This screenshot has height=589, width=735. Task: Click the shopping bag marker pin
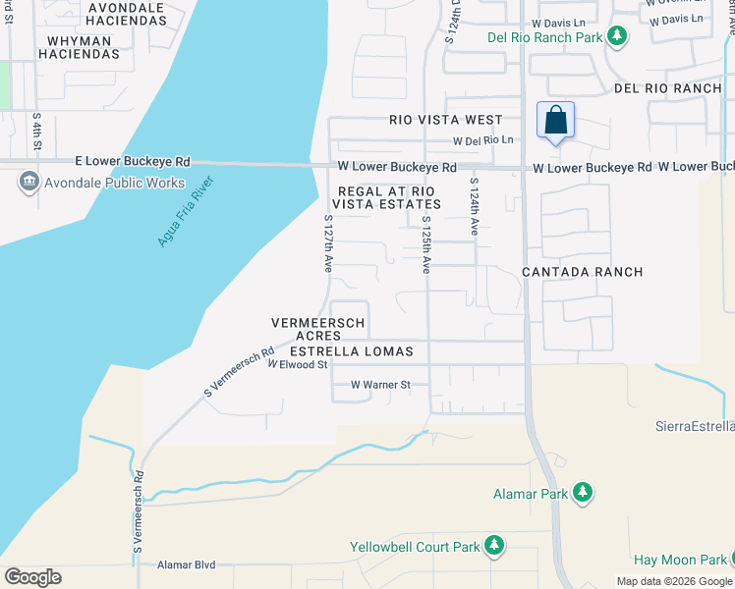555,122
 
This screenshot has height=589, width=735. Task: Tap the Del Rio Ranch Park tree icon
617,37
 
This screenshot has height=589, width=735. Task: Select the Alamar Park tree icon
583,493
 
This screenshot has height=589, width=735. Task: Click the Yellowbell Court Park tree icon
494,545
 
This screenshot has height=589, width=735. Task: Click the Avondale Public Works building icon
28,181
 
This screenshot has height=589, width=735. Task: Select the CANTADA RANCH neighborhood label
582,272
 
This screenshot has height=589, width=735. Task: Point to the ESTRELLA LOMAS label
351,351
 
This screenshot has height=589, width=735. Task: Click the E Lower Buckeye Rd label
134,161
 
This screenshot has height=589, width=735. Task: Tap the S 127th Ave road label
328,243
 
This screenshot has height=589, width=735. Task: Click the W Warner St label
380,385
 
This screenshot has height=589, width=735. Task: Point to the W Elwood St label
297,365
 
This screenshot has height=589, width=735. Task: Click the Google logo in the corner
33,577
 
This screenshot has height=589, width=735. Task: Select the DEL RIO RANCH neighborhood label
667,88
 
